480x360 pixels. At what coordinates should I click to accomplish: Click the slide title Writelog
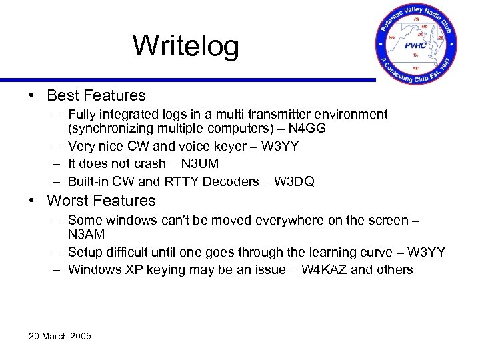click(x=185, y=45)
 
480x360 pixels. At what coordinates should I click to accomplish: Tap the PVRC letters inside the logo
click(x=417, y=45)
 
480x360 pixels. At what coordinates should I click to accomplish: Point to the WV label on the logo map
click(x=393, y=37)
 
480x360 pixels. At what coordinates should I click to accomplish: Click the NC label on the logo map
click(x=416, y=67)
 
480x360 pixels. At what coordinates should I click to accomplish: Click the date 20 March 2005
click(x=60, y=335)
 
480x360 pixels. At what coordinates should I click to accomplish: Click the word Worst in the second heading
click(x=67, y=201)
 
